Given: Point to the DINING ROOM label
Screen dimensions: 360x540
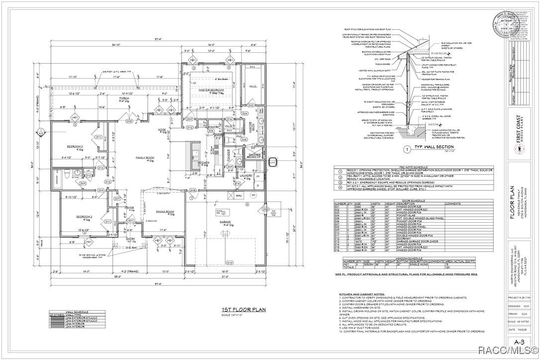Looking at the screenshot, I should point(165,212).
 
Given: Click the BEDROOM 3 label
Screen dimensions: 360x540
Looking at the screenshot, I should point(77,146).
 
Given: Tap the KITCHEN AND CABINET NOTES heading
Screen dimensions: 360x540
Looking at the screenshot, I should point(362,294).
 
